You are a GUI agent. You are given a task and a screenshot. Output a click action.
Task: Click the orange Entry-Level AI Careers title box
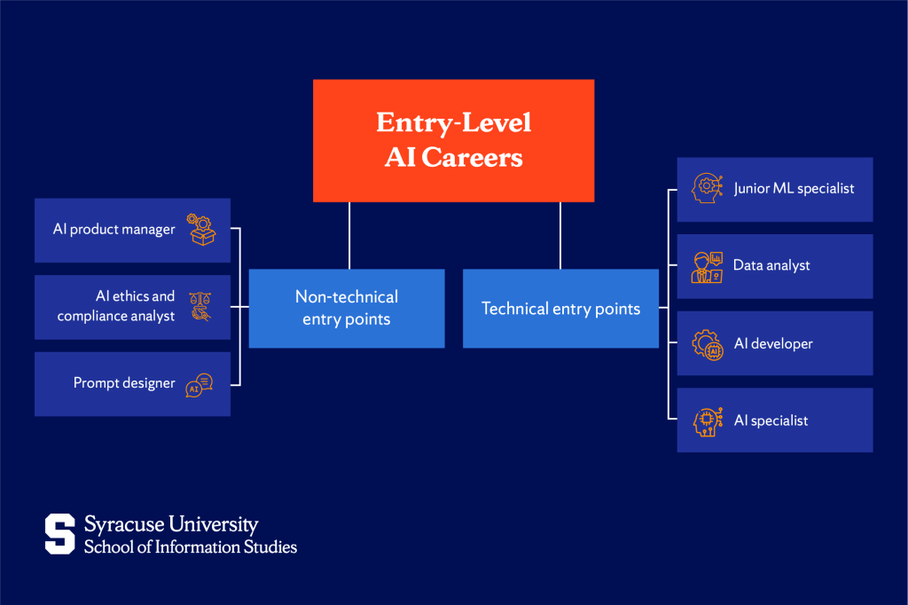[453, 140]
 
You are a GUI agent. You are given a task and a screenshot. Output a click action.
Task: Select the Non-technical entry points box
[346, 308]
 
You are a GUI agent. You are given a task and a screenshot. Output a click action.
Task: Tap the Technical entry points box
[560, 309]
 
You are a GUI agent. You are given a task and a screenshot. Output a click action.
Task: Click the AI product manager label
[113, 230]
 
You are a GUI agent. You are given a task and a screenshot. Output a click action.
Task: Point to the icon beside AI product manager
[201, 230]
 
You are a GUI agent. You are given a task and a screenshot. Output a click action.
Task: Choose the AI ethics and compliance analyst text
[116, 306]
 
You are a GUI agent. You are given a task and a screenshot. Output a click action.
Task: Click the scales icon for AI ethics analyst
[200, 306]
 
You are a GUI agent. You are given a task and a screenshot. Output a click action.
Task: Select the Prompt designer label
[124, 383]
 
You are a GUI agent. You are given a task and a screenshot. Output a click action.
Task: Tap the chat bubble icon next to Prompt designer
[200, 385]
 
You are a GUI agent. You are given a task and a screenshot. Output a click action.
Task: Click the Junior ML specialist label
[794, 189]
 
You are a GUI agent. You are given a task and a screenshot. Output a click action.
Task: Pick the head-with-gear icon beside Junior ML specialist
[707, 189]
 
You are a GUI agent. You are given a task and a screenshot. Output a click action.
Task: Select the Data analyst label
[771, 265]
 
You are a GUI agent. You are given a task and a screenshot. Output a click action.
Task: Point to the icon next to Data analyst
[707, 266]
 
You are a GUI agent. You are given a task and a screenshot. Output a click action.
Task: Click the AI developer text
[773, 343]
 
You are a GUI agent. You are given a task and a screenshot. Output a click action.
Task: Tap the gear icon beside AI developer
[707, 344]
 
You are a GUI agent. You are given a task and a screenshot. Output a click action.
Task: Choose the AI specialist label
[771, 420]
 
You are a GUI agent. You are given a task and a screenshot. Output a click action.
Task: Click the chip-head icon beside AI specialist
[707, 420]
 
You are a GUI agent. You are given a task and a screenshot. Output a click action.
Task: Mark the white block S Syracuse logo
[60, 534]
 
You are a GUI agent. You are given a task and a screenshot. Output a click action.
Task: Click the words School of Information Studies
[191, 546]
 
